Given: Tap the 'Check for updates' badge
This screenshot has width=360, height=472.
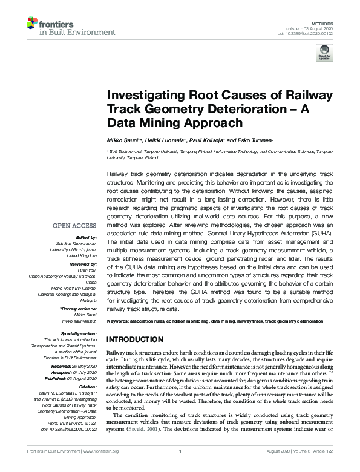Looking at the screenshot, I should pos(325,54).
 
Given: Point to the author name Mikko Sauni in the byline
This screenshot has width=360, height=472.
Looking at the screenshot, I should pos(123,139).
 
